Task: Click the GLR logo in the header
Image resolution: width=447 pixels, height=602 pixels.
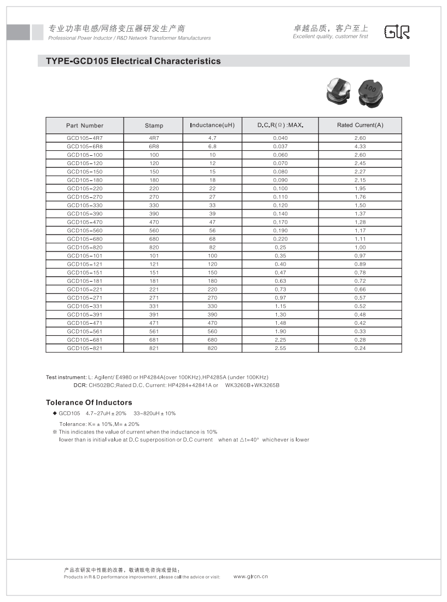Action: pyautogui.click(x=397, y=32)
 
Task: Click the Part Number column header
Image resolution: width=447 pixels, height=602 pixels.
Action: pyautogui.click(x=85, y=125)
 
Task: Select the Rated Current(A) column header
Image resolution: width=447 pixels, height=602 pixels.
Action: pyautogui.click(x=360, y=125)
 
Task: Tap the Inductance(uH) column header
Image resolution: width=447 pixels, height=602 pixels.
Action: pyautogui.click(x=212, y=125)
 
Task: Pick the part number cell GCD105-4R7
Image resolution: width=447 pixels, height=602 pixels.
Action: pyautogui.click(x=85, y=138)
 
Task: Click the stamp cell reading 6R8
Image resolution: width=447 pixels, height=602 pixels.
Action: pyautogui.click(x=154, y=147)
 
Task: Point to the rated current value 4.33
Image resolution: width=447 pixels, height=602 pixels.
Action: pyautogui.click(x=360, y=147)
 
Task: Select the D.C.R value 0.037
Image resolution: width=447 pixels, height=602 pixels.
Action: pyautogui.click(x=280, y=147)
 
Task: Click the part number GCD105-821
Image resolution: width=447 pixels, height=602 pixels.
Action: pyautogui.click(x=85, y=348)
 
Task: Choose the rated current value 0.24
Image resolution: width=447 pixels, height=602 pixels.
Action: pyautogui.click(x=360, y=348)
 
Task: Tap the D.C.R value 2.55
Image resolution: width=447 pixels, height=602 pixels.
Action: pyautogui.click(x=280, y=348)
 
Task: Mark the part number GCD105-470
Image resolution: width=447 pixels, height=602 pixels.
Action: pyautogui.click(x=85, y=222)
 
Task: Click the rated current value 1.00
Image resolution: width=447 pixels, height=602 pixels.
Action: pyautogui.click(x=360, y=247)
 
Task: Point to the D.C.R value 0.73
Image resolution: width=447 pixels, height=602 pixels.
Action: pyautogui.click(x=280, y=289)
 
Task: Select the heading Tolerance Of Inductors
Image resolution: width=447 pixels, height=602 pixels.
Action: pyautogui.click(x=89, y=402)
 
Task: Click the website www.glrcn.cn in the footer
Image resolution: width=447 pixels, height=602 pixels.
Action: pyautogui.click(x=251, y=576)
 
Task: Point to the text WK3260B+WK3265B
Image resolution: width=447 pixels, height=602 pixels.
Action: pyautogui.click(x=252, y=385)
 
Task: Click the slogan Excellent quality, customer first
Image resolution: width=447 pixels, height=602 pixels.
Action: pyautogui.click(x=330, y=37)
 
